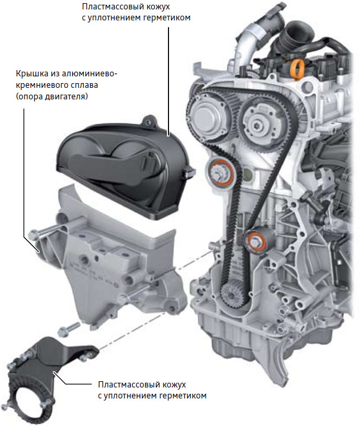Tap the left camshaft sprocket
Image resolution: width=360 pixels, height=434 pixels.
pyautogui.click(x=210, y=116)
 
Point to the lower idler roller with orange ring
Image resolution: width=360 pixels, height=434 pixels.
pyautogui.click(x=257, y=242)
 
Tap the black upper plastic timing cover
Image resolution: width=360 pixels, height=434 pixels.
pyautogui.click(x=125, y=167)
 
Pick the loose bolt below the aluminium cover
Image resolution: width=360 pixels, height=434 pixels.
pyautogui.click(x=69, y=329)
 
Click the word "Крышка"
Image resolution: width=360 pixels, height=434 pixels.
pyautogui.click(x=32, y=74)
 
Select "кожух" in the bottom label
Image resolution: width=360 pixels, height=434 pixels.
pyautogui.click(x=174, y=385)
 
